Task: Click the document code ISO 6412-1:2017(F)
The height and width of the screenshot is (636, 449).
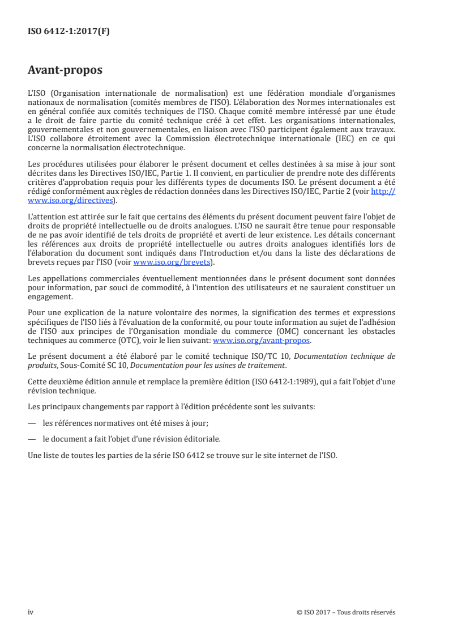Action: point(69,32)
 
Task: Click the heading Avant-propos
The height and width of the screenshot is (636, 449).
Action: point(65,70)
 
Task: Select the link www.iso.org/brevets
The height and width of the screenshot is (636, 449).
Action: point(170,262)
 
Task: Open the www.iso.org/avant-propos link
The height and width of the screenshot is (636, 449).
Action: point(262,341)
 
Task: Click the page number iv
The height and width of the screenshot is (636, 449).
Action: point(31,612)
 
